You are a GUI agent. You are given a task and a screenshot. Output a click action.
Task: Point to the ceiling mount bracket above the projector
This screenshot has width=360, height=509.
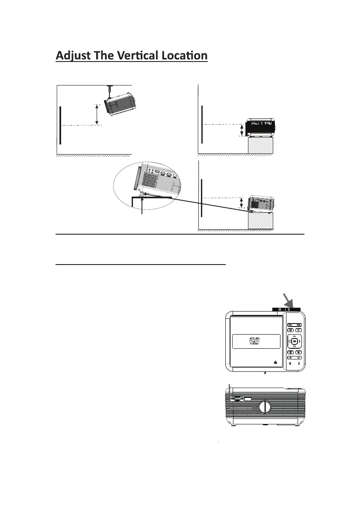[x=110, y=90]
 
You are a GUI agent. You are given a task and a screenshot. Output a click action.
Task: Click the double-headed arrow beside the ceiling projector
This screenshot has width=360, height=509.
[x=98, y=114]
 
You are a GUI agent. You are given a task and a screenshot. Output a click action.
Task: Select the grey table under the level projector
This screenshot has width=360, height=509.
[x=260, y=145]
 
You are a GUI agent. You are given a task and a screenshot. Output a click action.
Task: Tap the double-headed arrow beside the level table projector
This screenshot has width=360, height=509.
[x=242, y=130]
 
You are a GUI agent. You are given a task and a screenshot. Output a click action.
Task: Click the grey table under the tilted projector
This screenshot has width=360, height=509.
[x=260, y=221]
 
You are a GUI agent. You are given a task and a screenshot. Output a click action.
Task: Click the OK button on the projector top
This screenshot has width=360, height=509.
[x=294, y=341]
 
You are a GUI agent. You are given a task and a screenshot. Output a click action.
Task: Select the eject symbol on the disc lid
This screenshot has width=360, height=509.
[x=275, y=362]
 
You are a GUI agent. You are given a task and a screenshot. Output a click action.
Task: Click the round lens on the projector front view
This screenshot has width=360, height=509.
[x=264, y=407]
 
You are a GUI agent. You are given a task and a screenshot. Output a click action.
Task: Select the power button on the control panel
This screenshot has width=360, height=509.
[x=290, y=357]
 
